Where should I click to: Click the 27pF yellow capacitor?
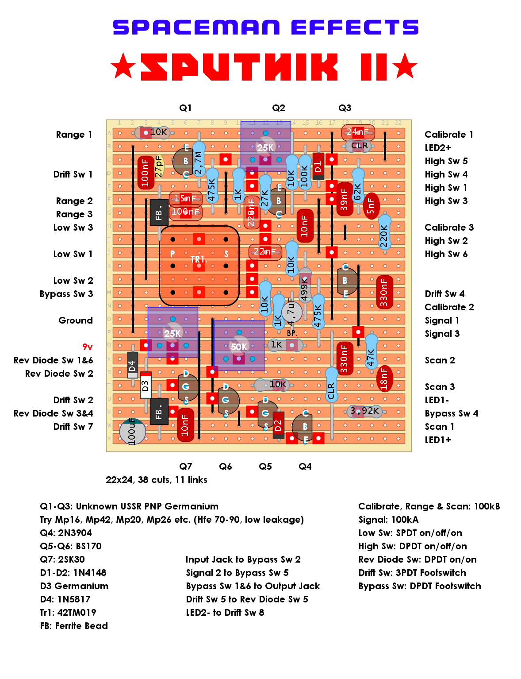[x=159, y=166]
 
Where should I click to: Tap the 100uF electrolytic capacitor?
[x=132, y=431]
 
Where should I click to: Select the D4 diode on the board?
[x=132, y=365]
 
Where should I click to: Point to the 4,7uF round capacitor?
[x=291, y=312]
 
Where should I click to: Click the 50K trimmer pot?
[x=239, y=346]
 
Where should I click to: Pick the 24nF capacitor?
[x=358, y=132]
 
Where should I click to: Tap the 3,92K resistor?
[x=364, y=412]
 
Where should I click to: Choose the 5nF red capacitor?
[x=371, y=206]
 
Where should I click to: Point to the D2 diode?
[x=278, y=425]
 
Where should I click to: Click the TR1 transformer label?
[x=199, y=259]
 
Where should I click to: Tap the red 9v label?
[x=88, y=347]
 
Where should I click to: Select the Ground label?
[x=76, y=320]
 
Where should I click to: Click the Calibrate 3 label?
[x=449, y=227]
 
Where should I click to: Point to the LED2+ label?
[x=438, y=147]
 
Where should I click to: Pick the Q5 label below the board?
[x=265, y=467]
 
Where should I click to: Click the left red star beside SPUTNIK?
[x=123, y=66]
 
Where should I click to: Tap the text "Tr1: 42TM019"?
[x=68, y=613]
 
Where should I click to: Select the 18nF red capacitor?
[x=384, y=378]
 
